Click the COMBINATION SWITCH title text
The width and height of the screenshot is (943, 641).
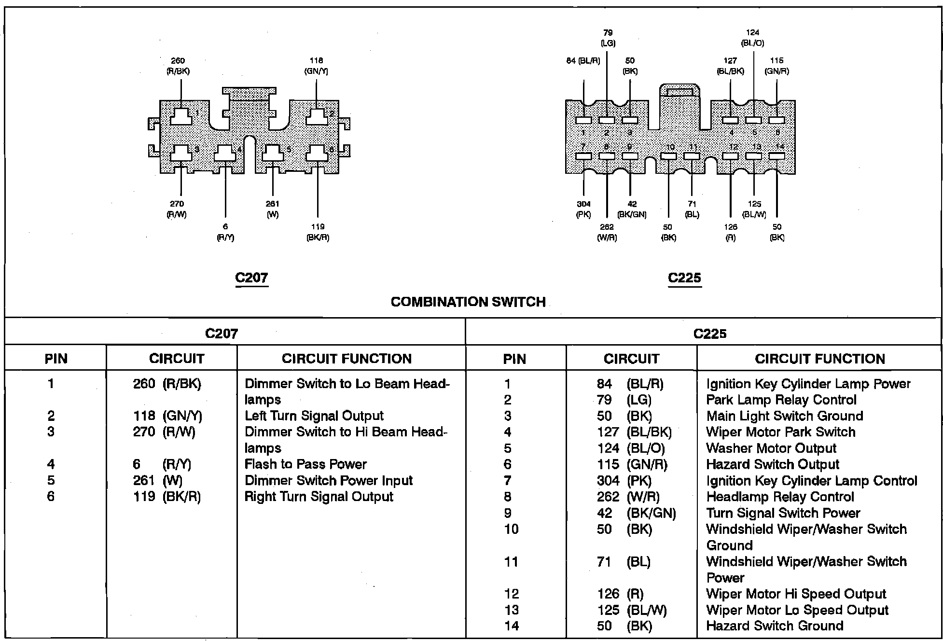(x=468, y=302)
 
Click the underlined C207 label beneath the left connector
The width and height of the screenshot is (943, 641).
(x=251, y=278)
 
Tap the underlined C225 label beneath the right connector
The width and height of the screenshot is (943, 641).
(x=684, y=278)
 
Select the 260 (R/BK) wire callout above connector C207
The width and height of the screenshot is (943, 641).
(x=178, y=66)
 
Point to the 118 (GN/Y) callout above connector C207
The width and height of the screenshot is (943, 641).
(x=316, y=66)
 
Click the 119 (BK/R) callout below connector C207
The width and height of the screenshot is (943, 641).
(x=318, y=232)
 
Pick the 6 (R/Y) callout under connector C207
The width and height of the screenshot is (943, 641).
(x=225, y=232)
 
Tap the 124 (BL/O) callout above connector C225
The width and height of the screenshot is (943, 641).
(x=752, y=38)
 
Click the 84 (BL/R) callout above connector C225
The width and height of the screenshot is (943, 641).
(x=583, y=61)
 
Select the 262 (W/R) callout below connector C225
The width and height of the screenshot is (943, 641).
(x=607, y=232)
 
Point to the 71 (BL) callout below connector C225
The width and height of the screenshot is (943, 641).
(x=692, y=209)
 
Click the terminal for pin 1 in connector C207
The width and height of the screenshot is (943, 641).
(x=181, y=116)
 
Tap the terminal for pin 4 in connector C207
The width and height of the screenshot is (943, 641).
(x=225, y=153)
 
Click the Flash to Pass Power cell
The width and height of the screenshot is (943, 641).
(x=305, y=464)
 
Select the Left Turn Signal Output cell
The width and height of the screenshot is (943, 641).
(x=314, y=416)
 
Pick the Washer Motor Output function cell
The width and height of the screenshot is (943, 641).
(x=771, y=448)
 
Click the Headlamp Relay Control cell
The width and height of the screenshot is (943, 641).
(x=780, y=497)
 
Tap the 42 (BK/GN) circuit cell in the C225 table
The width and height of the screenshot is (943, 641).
(x=636, y=513)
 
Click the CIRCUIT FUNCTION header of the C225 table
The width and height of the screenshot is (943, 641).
(x=819, y=359)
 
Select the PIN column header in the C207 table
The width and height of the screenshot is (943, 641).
(x=56, y=359)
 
